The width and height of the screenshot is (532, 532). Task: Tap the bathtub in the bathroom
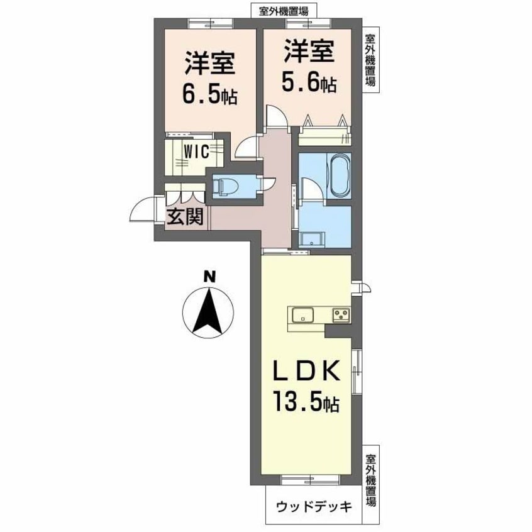pos(339,174)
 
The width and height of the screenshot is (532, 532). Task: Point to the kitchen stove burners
pos(340,313)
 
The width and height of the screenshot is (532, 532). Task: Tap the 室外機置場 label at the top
pos(279,10)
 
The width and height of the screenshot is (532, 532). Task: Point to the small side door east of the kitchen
pos(360,286)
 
